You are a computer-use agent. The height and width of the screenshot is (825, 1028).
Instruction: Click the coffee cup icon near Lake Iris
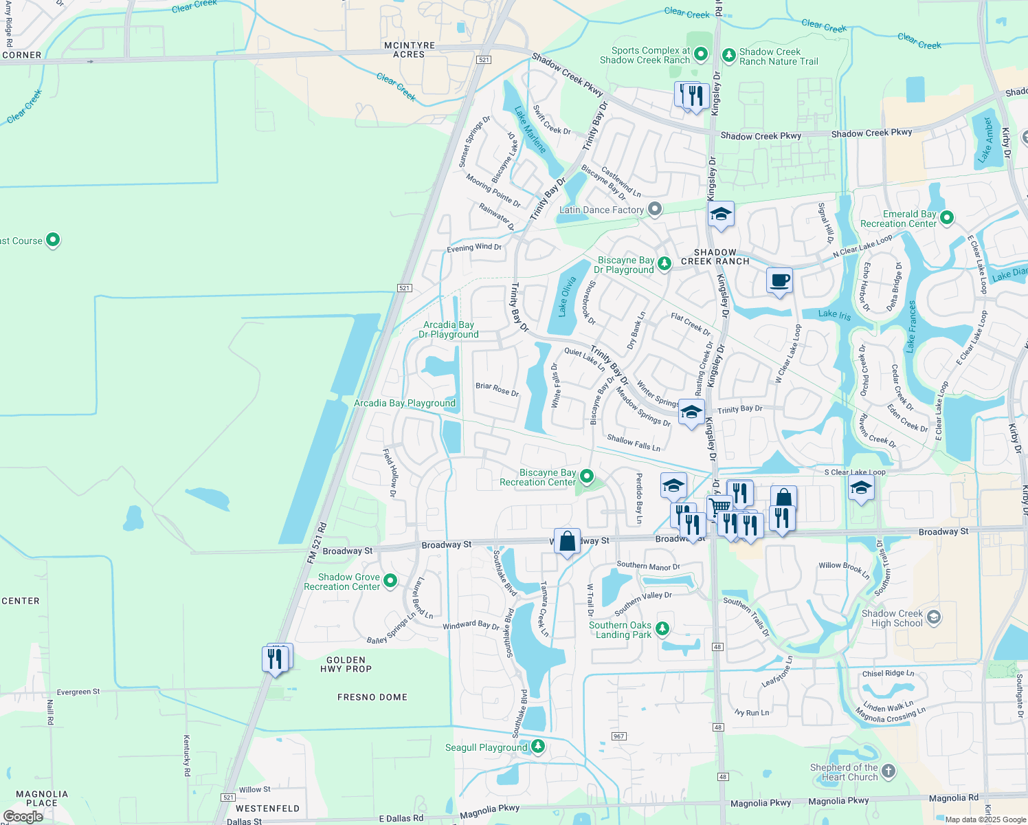pyautogui.click(x=779, y=281)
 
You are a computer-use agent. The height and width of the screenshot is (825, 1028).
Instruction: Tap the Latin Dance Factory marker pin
pyautogui.click(x=656, y=209)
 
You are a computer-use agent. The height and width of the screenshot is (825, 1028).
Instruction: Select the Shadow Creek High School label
pyautogui.click(x=892, y=618)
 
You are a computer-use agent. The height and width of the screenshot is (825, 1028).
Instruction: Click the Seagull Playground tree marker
pyautogui.click(x=538, y=747)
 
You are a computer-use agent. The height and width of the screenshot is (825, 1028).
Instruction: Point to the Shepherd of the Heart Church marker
pyautogui.click(x=888, y=771)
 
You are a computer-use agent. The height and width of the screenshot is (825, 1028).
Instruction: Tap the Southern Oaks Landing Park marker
pyautogui.click(x=662, y=628)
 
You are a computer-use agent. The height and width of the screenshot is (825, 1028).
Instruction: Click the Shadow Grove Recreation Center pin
pyautogui.click(x=390, y=581)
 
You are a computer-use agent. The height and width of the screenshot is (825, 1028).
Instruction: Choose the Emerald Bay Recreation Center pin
pyautogui.click(x=947, y=218)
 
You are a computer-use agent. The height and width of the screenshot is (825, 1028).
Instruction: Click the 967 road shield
pyautogui.click(x=618, y=736)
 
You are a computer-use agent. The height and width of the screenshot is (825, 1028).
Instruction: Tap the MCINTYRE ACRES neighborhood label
pyautogui.click(x=410, y=49)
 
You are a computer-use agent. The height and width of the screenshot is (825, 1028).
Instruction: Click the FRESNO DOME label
pyautogui.click(x=372, y=697)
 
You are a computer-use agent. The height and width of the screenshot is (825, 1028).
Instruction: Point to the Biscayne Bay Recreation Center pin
pyautogui.click(x=587, y=476)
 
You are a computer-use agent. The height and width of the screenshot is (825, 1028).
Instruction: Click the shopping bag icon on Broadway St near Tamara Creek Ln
pyautogui.click(x=567, y=542)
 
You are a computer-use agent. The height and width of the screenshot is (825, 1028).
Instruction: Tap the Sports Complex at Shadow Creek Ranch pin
pyautogui.click(x=701, y=54)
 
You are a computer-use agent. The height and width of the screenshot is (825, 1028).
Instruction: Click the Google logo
pyautogui.click(x=23, y=817)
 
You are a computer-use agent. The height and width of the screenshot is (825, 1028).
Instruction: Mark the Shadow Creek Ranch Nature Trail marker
pyautogui.click(x=728, y=54)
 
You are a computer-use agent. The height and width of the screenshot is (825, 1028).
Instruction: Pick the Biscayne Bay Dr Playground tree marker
pyautogui.click(x=664, y=263)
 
